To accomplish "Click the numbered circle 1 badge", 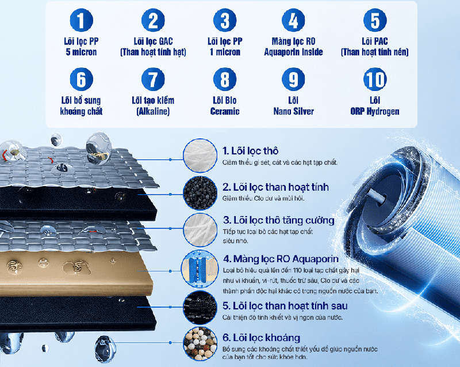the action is [81, 20].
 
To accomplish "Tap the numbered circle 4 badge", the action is [293, 20].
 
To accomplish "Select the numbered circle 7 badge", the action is [153, 80].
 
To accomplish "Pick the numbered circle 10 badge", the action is [375, 80].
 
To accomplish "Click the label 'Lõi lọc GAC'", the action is [153, 41].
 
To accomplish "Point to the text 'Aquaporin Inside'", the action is [293, 52].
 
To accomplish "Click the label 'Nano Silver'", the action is [294, 111].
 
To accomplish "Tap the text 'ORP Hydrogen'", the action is [375, 111].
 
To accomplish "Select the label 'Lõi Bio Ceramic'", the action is [225, 106].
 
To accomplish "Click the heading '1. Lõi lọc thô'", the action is [250, 151].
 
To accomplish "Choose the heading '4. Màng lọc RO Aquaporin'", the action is [281, 259].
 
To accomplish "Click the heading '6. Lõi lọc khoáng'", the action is [262, 338].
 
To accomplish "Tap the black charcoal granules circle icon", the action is [200, 193].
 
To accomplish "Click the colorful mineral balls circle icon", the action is [200, 343].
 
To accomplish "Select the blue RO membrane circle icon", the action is [200, 269].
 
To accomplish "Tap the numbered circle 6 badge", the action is [81, 80].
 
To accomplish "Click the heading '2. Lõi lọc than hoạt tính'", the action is [275, 187].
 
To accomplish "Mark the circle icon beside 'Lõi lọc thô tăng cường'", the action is [200, 230].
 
